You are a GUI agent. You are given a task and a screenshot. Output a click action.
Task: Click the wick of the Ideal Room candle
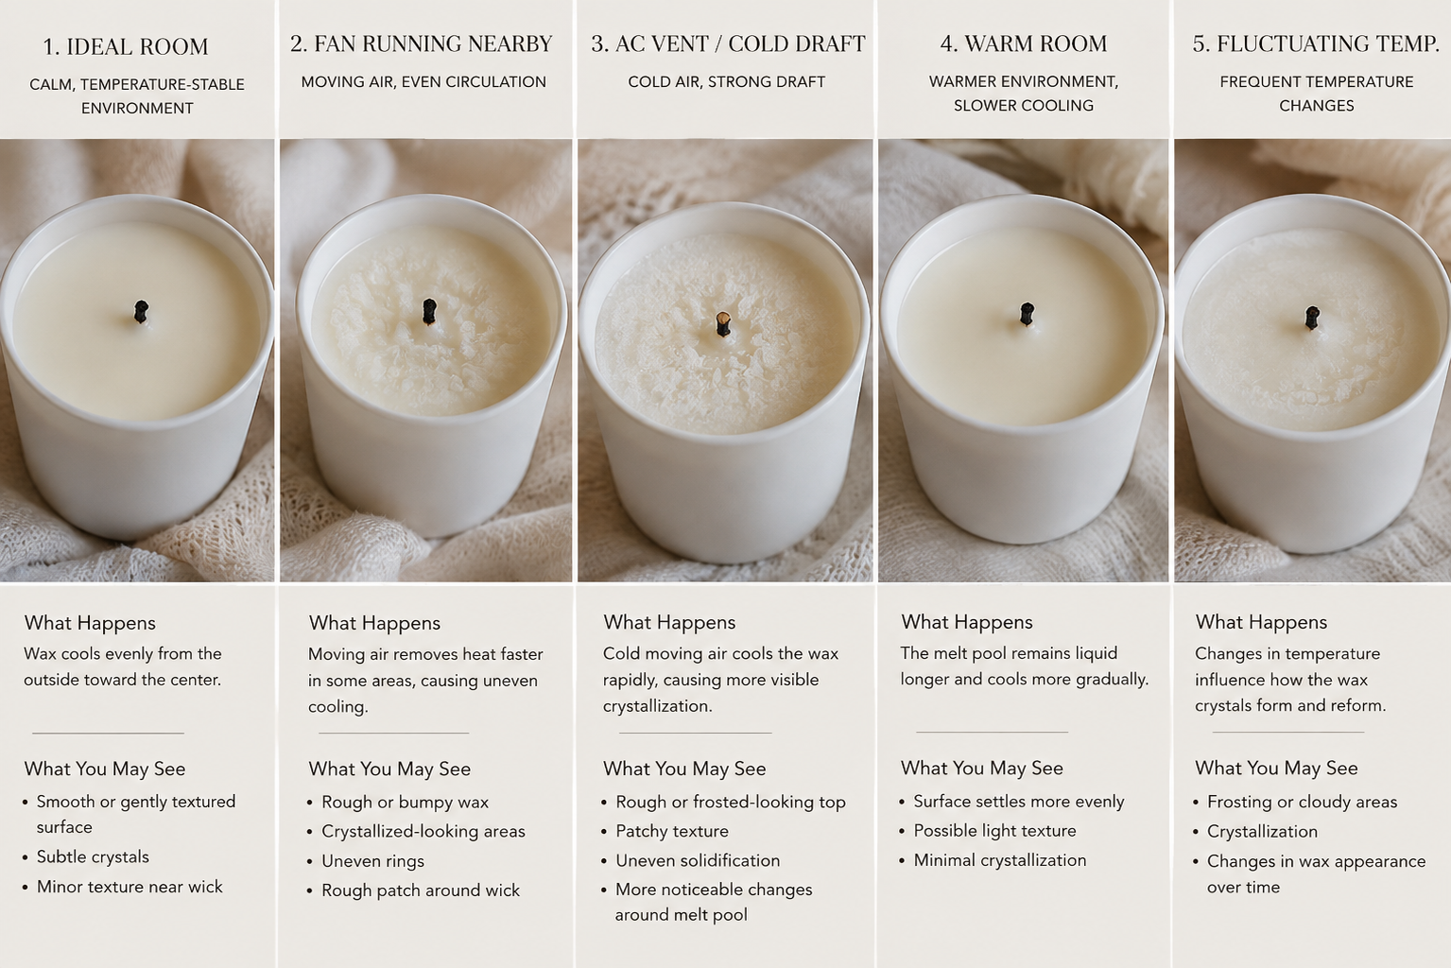pos(141,312)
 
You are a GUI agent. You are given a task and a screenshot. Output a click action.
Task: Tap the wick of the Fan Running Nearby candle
pos(429,312)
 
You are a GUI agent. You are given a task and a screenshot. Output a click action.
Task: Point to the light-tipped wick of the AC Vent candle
pos(723,324)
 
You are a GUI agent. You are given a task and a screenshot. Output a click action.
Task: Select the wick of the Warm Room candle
pos(1026,314)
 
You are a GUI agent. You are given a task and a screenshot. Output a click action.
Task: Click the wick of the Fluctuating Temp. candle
pos(1312,319)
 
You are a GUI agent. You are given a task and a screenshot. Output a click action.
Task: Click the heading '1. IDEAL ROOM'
pos(126,46)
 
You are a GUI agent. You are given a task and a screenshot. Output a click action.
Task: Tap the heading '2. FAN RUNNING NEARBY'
pos(421,43)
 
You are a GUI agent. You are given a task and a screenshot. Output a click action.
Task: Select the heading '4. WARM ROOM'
pos(1024,43)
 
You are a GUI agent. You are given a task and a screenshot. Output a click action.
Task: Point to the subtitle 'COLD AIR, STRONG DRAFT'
pos(726,81)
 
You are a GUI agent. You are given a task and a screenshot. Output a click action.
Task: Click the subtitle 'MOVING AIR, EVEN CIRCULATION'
pos(423,81)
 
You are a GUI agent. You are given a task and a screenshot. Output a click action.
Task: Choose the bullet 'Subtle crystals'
pos(93,856)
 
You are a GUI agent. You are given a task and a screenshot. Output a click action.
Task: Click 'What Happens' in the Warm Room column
pos(966,622)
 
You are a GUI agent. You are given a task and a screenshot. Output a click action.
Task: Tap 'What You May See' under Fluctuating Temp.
pos(1276,768)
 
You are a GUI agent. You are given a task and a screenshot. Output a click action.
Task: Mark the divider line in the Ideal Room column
pos(108,733)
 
